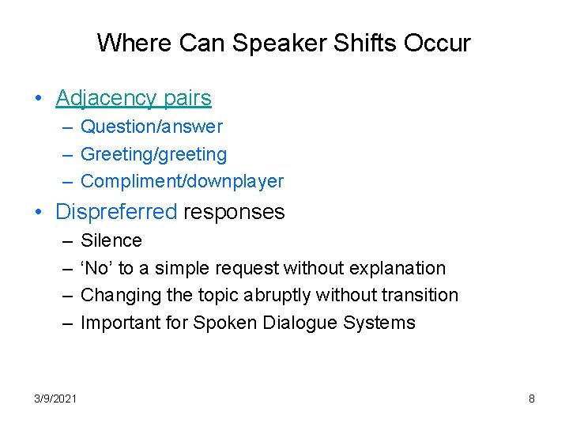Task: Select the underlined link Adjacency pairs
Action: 134,98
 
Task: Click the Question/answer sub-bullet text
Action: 152,127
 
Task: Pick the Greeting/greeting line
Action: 154,154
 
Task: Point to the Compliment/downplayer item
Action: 183,181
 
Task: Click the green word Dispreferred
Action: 116,212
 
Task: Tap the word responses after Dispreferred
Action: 234,212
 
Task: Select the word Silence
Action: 111,240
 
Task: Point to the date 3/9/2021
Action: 56,399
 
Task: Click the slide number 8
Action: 532,399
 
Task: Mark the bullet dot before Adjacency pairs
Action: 38,99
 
